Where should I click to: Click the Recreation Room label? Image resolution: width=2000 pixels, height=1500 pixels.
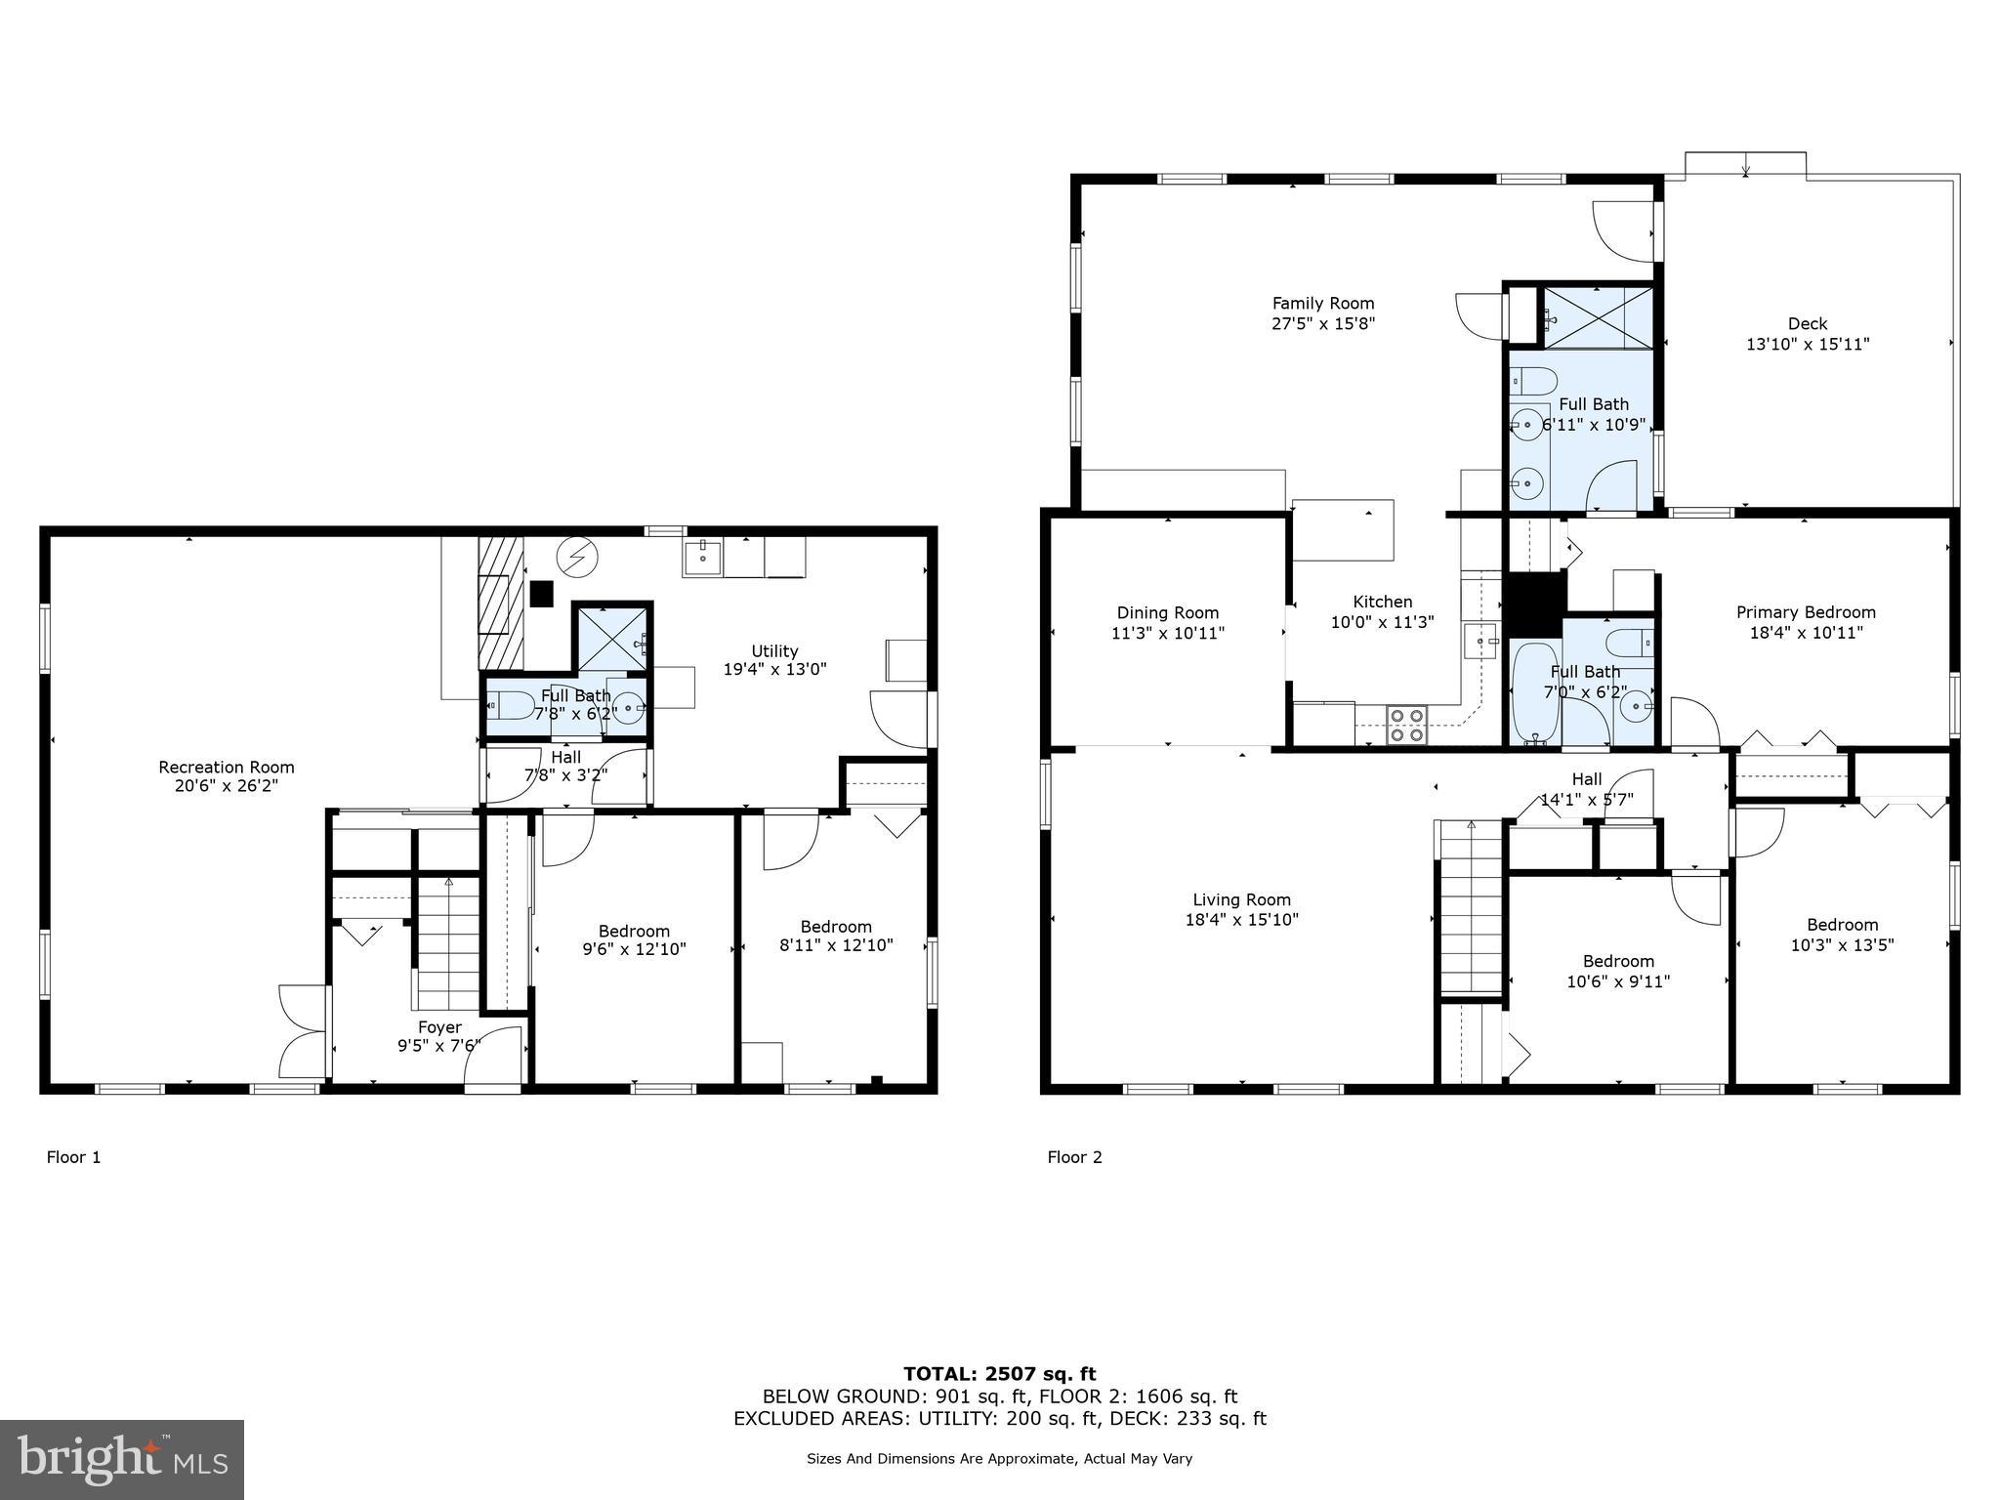click(x=226, y=767)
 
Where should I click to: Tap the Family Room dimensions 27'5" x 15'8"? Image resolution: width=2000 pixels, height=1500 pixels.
click(x=1322, y=324)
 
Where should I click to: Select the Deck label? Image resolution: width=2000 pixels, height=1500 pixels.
click(x=1807, y=323)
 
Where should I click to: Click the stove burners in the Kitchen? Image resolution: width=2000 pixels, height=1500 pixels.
click(x=1406, y=725)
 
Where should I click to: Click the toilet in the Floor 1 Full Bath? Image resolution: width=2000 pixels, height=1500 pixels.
click(x=511, y=703)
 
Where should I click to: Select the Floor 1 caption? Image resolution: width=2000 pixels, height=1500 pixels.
click(x=73, y=1157)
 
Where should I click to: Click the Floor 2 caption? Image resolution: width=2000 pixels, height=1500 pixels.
click(x=1074, y=1157)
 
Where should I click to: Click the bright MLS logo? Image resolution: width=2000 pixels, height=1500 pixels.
click(x=122, y=1460)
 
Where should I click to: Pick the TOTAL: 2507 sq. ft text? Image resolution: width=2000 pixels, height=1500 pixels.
click(x=999, y=1374)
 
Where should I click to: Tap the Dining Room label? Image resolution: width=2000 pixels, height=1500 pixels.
click(x=1167, y=612)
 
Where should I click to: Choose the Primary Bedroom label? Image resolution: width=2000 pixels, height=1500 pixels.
click(x=1805, y=612)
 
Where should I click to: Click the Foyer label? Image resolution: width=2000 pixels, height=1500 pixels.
click(x=439, y=1026)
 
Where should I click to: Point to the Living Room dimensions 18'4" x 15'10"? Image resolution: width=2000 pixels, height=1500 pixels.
click(x=1241, y=920)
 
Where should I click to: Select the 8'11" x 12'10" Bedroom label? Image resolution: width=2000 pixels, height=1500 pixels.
click(x=835, y=927)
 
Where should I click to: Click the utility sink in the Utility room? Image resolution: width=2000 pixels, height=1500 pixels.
click(x=702, y=558)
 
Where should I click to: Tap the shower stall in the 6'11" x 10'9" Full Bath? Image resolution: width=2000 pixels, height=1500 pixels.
click(x=1599, y=317)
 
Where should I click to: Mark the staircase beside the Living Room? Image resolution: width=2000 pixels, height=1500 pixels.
click(x=1469, y=908)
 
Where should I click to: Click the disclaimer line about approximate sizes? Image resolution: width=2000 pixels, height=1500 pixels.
click(x=999, y=1458)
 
